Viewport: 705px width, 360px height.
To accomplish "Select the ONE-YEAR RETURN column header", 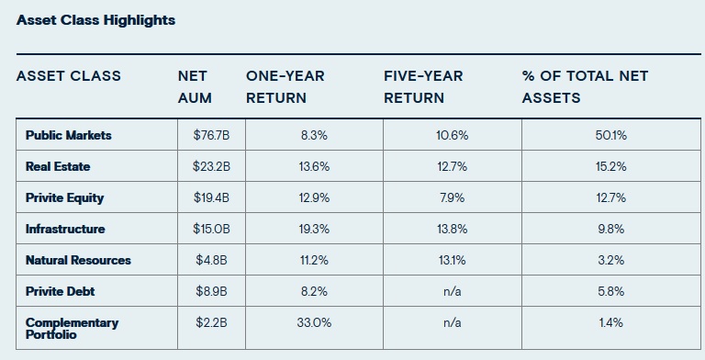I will tap(285, 86).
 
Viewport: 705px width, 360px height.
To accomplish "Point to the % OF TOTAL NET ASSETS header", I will tap(585, 86).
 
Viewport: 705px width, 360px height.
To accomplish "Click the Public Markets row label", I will tap(69, 135).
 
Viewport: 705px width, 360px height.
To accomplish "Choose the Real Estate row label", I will tap(58, 166).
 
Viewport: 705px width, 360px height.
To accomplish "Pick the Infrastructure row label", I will tap(65, 229).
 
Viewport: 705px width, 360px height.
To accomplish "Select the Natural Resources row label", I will tap(78, 260).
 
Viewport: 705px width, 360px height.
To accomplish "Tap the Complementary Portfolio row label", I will tap(72, 328).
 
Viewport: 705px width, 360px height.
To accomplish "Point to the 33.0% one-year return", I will tap(314, 322).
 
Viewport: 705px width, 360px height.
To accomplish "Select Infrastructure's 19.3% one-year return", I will tap(314, 229).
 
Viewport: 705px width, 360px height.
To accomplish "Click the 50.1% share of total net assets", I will tap(610, 135).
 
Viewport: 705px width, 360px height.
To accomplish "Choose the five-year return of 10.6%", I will tap(452, 135).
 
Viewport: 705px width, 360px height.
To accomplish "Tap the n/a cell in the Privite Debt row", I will tap(452, 291).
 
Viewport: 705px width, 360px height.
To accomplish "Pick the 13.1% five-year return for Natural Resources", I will tap(452, 260).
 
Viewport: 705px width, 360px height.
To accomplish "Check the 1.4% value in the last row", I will tap(610, 322).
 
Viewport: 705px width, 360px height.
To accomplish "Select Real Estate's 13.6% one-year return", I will tap(314, 166).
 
